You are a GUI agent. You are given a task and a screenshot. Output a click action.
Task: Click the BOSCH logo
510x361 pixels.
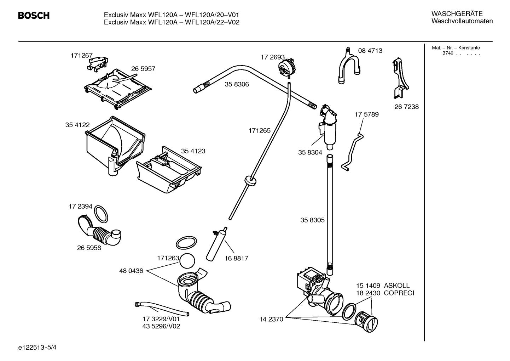(34, 16)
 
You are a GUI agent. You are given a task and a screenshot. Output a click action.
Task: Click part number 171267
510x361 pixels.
(81, 56)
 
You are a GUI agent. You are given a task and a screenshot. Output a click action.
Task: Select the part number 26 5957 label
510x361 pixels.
(143, 69)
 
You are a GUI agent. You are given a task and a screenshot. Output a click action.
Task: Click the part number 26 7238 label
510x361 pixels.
(406, 107)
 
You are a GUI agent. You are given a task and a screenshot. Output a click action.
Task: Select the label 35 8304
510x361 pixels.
(310, 152)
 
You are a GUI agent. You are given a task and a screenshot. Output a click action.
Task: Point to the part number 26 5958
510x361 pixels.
(89, 248)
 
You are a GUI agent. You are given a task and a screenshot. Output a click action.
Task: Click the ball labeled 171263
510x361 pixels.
(187, 261)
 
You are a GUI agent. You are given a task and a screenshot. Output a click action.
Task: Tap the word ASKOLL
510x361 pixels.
(396, 286)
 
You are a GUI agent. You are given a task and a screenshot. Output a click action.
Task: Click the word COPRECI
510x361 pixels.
(399, 293)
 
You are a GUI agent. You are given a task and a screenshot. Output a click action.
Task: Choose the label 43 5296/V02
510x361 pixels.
(161, 326)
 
